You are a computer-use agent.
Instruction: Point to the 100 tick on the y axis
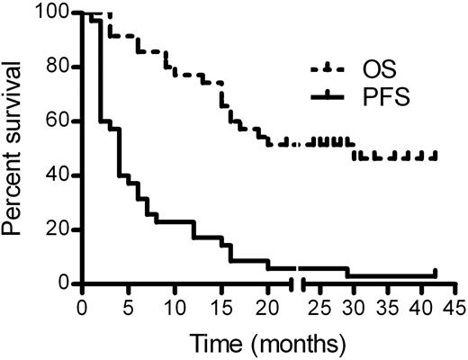56,13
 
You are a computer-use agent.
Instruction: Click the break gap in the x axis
297,284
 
